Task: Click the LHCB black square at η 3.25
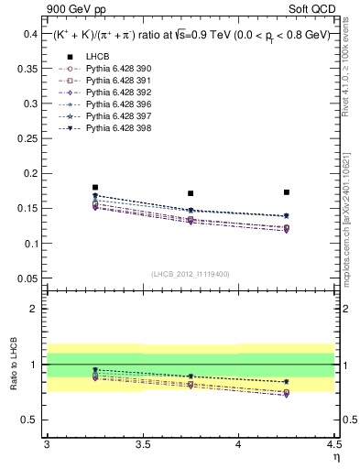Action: coord(95,187)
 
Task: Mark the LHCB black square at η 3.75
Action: coord(191,193)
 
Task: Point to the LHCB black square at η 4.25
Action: coord(287,192)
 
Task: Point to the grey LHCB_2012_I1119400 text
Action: coord(191,274)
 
